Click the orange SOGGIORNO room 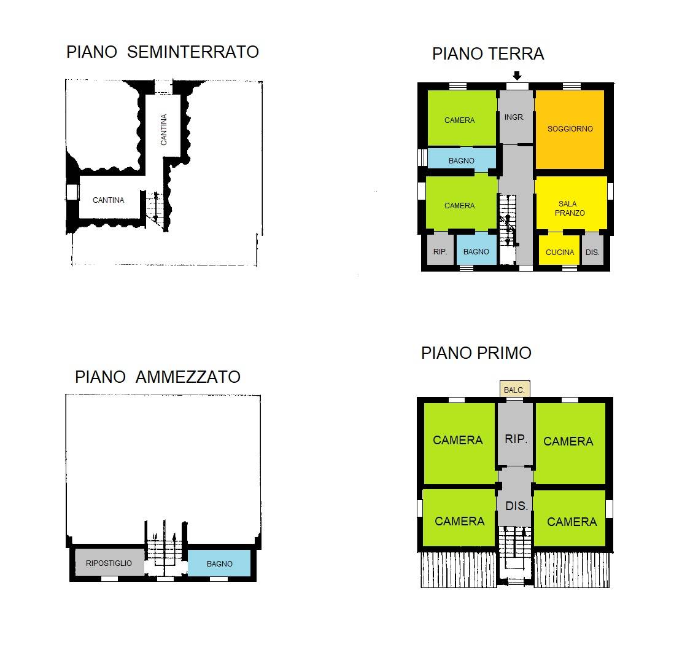(x=570, y=129)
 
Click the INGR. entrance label (x=514, y=117)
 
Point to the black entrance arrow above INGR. (x=517, y=76)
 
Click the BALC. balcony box (x=514, y=390)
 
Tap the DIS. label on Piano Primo (x=516, y=506)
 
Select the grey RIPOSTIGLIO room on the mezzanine (x=109, y=563)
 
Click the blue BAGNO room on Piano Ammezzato (x=219, y=563)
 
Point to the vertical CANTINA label (x=163, y=130)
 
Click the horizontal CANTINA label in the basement (x=109, y=200)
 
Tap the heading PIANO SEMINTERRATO (x=163, y=52)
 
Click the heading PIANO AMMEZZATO (x=158, y=377)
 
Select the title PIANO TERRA (x=488, y=54)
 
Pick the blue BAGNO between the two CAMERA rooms (x=461, y=160)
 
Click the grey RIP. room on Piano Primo (x=516, y=439)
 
